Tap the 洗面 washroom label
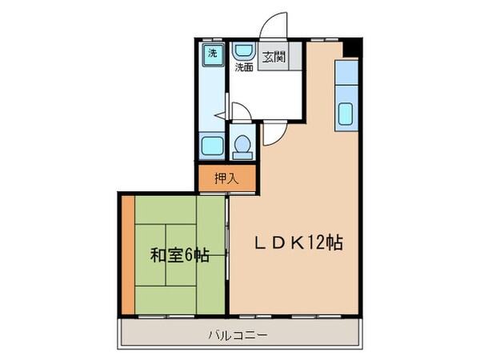coord(243,68)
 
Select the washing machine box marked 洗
coord(212,54)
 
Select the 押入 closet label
coord(227,178)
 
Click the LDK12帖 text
coord(299,243)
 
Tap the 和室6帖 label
coord(180,256)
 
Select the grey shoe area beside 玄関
coord(294,57)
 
